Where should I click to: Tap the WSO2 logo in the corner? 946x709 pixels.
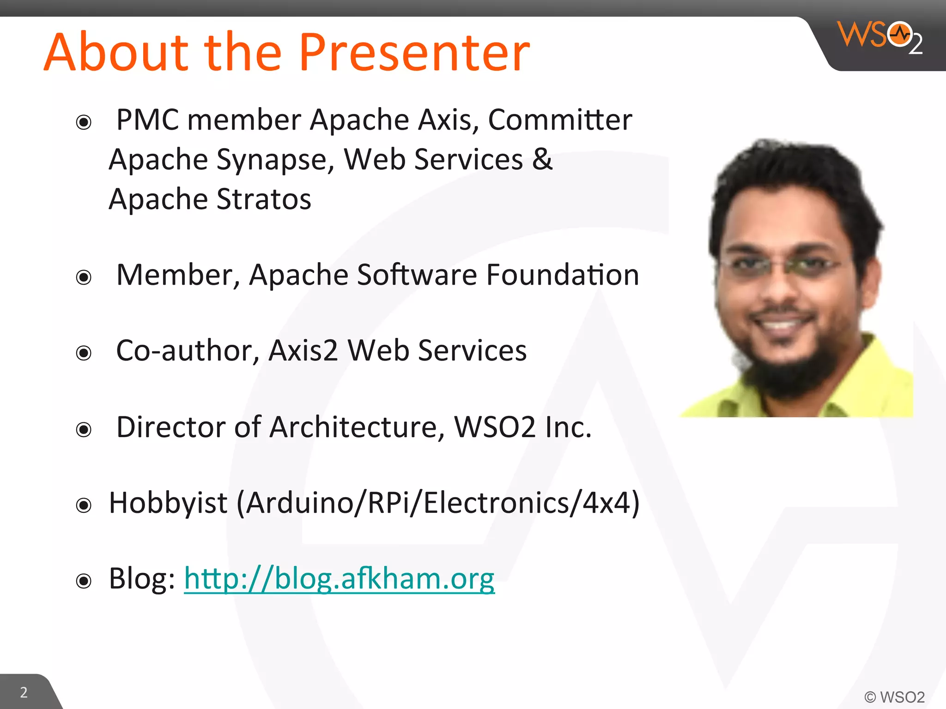879,37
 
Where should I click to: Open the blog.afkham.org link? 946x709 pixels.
339,578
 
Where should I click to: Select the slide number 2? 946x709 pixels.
24,692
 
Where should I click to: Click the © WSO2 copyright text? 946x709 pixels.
894,697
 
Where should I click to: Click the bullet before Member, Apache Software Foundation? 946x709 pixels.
84,277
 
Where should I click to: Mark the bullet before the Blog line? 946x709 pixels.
84,581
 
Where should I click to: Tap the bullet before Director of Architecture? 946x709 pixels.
84,430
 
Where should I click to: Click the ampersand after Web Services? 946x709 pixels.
542,160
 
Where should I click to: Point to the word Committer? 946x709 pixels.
560,120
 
